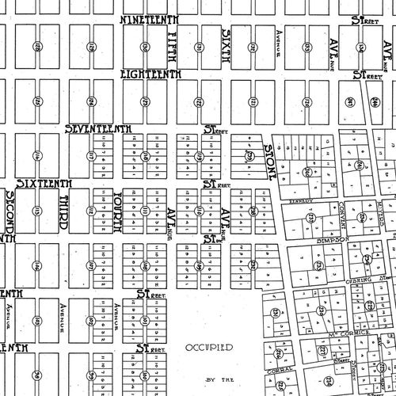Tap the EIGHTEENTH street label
(x=150, y=74)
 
